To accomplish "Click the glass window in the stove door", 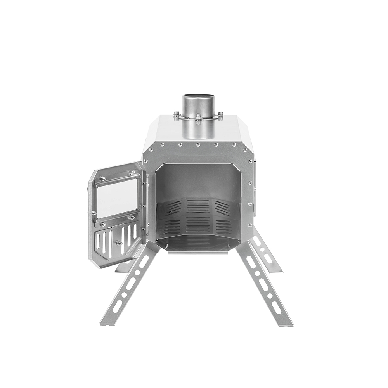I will coord(116,198).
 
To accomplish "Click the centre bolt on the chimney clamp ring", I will coord(198,116).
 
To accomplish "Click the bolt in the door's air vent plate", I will coord(118,243).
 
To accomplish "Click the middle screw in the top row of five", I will coord(198,145).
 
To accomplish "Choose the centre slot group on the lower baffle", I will coord(198,225).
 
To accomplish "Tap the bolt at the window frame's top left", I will coord(102,179).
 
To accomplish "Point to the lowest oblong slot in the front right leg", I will coord(276,308).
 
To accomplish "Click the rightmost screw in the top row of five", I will coord(234,145).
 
